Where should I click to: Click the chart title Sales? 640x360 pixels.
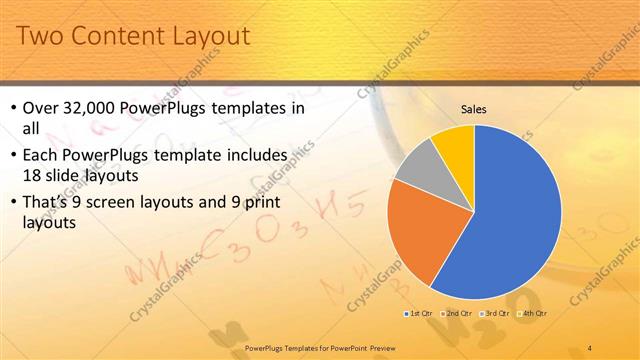pyautogui.click(x=473, y=110)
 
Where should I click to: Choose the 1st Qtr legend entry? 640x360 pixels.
pyautogui.click(x=417, y=314)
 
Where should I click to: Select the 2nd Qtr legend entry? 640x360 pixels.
pyautogui.click(x=456, y=314)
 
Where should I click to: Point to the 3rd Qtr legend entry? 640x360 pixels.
pyautogui.click(x=495, y=314)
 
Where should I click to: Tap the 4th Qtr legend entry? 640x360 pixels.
pyautogui.click(x=533, y=314)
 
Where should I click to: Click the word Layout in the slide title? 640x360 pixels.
pyautogui.click(x=206, y=38)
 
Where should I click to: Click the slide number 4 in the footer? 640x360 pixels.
pyautogui.click(x=590, y=347)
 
